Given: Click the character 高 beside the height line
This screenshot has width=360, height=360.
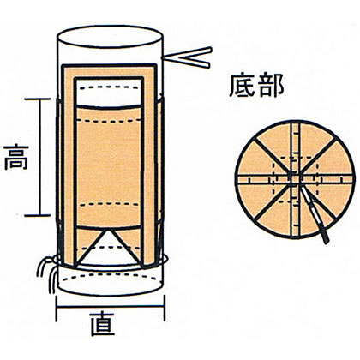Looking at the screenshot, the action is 16,157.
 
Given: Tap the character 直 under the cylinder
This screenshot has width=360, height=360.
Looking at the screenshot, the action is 103,324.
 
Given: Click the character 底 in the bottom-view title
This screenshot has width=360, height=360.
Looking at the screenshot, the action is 243,86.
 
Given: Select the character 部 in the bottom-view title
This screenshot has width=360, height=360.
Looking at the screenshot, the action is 271,86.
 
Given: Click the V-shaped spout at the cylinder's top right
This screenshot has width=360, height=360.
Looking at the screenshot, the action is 187,57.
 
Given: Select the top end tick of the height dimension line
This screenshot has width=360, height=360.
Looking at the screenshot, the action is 38,99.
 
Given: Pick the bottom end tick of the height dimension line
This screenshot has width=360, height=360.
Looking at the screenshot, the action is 38,215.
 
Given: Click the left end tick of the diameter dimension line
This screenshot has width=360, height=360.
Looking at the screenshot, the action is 57,309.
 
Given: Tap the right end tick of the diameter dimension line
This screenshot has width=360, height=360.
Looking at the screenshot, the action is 165,309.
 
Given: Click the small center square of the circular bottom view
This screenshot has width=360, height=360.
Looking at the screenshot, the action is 295,179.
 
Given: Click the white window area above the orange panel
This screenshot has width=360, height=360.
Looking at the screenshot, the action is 109,93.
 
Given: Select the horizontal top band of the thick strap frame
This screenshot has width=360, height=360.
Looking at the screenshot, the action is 110,67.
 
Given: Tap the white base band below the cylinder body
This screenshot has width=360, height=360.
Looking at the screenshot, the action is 110,281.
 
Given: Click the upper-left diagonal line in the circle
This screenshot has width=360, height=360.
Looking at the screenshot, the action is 272,155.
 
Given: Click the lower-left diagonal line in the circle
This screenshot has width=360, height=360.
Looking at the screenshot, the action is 272,203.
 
